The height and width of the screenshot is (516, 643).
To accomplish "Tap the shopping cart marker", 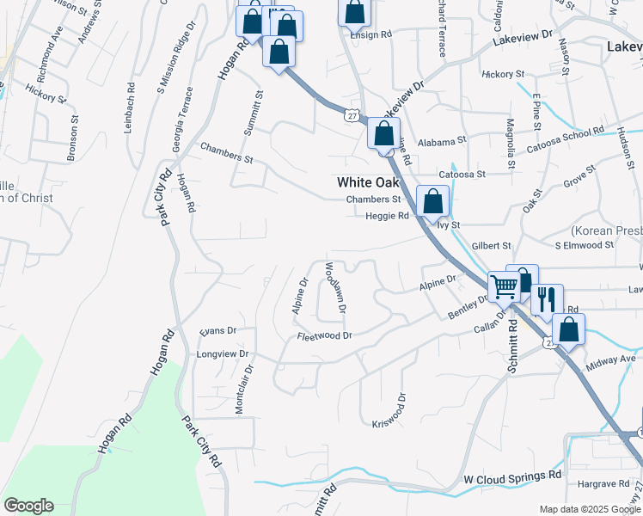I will pyautogui.click(x=504, y=286).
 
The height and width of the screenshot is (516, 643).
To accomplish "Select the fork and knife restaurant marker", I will pyautogui.click(x=547, y=300).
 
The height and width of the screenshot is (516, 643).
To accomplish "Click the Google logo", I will pyautogui.click(x=28, y=506).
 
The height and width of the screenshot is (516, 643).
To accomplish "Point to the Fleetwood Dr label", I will pyautogui.click(x=325, y=336).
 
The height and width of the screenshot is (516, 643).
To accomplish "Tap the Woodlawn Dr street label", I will pyautogui.click(x=334, y=287).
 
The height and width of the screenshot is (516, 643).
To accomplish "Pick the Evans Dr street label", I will pyautogui.click(x=217, y=330).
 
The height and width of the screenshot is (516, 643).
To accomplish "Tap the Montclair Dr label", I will pyautogui.click(x=243, y=390).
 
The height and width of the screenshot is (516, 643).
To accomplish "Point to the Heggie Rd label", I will pyautogui.click(x=387, y=217).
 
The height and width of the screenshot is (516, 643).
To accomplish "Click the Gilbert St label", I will pyautogui.click(x=491, y=246).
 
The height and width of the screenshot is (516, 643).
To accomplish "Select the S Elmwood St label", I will pyautogui.click(x=584, y=245).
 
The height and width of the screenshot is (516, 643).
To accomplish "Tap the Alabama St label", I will pyautogui.click(x=442, y=140).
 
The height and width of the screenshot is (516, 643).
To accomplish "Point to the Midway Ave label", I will pyautogui.click(x=609, y=358).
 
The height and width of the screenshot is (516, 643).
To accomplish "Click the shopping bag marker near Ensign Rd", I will pyautogui.click(x=355, y=13).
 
